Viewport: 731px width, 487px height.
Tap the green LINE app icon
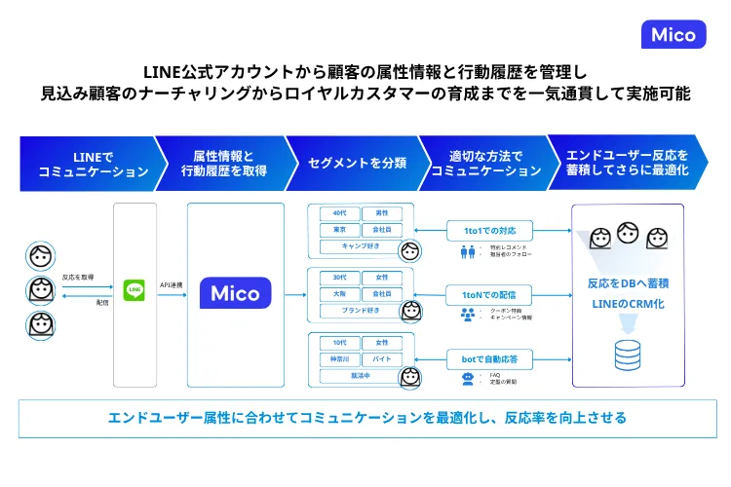134,289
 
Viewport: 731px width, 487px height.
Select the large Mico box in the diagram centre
236,291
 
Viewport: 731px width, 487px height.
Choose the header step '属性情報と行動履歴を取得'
223,163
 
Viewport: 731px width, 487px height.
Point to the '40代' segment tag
339,213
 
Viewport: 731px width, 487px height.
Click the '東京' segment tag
339,230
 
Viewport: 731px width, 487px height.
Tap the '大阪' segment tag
339,294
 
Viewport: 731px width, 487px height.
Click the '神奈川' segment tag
339,358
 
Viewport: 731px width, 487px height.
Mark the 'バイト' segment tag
381,358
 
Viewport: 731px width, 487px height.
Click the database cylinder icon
628,356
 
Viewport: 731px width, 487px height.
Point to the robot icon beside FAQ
467,378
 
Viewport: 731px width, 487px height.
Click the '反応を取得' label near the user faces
78,277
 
